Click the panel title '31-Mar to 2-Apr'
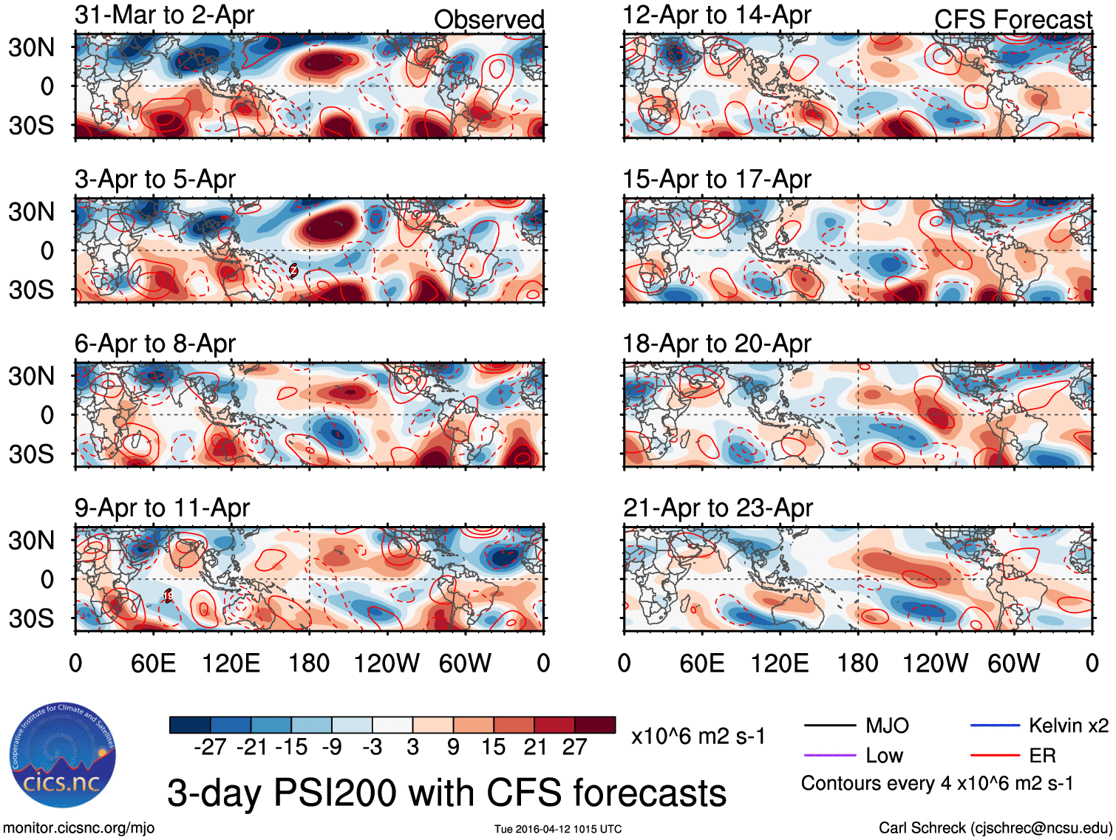coord(164,15)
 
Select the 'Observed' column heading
coord(489,20)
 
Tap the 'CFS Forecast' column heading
coord(1013,20)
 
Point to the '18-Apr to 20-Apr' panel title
coord(717,344)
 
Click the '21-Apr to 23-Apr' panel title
coord(718,508)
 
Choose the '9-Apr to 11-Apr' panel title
coord(162,508)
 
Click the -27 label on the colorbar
coord(210,747)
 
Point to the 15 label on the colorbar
coord(494,747)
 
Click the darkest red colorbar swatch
coord(595,725)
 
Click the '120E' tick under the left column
coord(231,663)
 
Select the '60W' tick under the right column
coord(1013,663)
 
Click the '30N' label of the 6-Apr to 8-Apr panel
coord(31,376)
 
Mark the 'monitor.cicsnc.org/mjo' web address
coord(79,828)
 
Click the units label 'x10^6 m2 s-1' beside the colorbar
coord(698,737)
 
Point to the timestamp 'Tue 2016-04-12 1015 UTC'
coord(558,829)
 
